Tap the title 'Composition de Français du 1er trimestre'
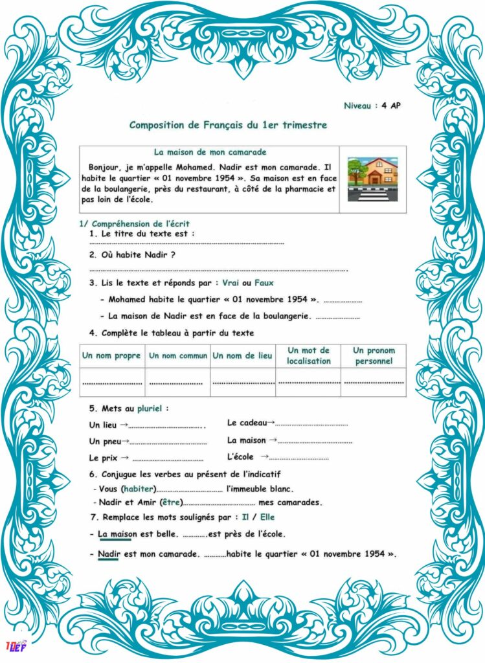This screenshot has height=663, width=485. point(228,125)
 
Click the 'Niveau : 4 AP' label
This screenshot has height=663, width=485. point(372,106)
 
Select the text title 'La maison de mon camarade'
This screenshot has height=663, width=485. point(210,152)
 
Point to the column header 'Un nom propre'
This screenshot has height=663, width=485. point(111,355)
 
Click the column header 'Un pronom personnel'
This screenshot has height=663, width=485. point(374,355)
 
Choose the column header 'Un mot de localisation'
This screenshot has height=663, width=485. point(308,355)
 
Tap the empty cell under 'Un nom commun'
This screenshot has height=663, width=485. point(177,382)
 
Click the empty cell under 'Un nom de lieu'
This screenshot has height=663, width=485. point(243,382)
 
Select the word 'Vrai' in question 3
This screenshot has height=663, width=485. point(231,282)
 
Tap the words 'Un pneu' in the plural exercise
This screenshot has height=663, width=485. point(104,441)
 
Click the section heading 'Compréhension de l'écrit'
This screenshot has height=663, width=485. point(139,223)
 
